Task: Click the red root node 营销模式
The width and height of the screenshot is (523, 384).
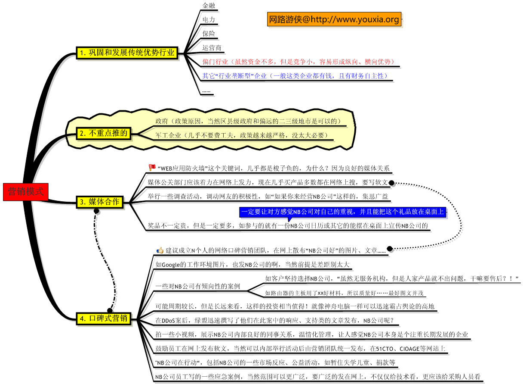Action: point(26,192)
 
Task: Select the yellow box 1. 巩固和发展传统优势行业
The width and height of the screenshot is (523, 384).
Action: point(128,53)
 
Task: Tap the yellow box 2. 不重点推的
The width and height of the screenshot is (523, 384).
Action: point(104,134)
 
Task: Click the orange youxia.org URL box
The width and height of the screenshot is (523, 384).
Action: point(334,19)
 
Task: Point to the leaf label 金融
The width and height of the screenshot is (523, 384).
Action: point(209,6)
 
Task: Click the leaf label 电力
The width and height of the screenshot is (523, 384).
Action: point(209,19)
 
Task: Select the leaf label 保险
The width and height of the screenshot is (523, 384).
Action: point(209,34)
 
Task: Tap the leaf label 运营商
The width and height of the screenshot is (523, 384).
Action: point(212,47)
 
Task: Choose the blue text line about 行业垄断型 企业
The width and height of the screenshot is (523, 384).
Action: point(295,76)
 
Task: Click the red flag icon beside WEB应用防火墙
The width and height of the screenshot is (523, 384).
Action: point(152,167)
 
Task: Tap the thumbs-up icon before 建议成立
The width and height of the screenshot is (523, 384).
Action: point(160,250)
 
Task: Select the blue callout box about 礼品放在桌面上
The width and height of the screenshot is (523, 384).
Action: point(342,212)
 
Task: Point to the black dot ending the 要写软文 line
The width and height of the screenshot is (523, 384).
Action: point(392,183)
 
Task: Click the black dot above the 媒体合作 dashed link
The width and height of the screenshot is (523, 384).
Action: point(96,211)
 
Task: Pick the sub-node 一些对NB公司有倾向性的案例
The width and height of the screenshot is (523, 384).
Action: point(198,286)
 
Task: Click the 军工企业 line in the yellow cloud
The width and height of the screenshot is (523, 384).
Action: point(241,135)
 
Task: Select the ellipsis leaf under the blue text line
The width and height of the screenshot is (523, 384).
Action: point(206,91)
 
